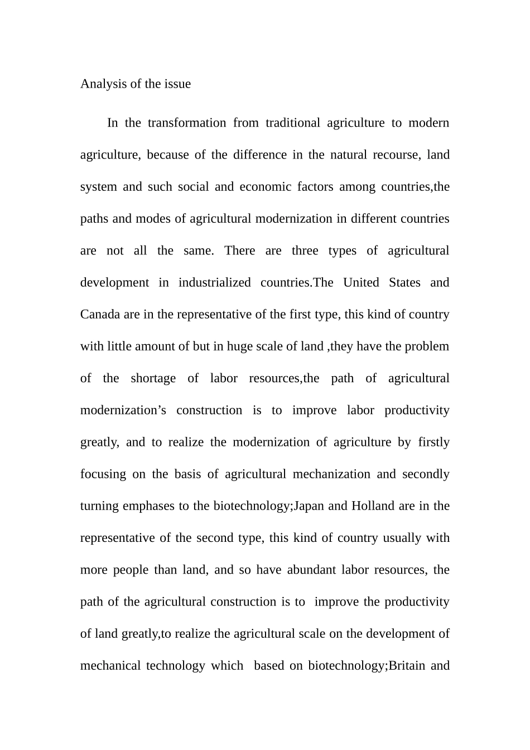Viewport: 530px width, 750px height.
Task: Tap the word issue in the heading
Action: tap(177, 84)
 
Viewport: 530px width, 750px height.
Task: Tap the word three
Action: tap(305, 251)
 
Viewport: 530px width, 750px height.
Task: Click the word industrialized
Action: tap(214, 282)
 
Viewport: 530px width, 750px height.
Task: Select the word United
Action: tap(361, 282)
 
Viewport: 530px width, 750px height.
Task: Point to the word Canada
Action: tap(100, 314)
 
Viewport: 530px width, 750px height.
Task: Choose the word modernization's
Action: tap(123, 410)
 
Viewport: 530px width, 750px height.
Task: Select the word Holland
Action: tap(373, 506)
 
